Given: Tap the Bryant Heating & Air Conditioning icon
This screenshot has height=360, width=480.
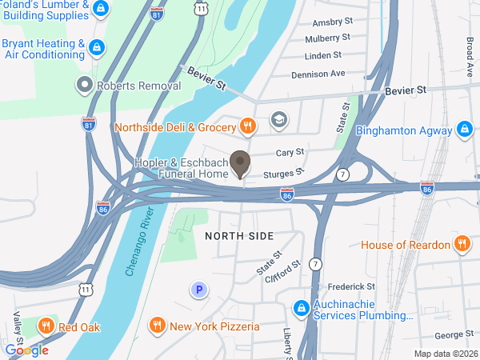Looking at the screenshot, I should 97,48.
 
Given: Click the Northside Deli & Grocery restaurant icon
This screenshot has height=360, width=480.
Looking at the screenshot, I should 248,126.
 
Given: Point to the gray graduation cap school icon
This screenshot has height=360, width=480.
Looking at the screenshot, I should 278,122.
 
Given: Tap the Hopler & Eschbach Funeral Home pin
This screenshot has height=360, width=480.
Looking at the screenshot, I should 239,163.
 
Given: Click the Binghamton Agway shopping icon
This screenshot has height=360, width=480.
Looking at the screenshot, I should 465,129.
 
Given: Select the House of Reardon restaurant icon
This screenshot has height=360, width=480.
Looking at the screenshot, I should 462,244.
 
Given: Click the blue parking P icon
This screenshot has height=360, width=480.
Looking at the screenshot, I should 198,290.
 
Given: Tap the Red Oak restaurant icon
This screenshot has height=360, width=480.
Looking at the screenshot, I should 46,326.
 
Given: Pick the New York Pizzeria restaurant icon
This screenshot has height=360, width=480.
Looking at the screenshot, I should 157,326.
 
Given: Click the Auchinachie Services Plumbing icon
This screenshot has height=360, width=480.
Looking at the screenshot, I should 301,308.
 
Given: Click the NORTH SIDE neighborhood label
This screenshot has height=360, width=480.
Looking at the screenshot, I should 239,236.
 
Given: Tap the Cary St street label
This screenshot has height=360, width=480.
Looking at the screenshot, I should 290,152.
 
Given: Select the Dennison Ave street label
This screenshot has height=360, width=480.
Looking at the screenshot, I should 318,73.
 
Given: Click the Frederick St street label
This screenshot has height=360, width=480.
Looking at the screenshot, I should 351,286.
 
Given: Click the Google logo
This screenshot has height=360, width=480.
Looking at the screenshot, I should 26,350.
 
